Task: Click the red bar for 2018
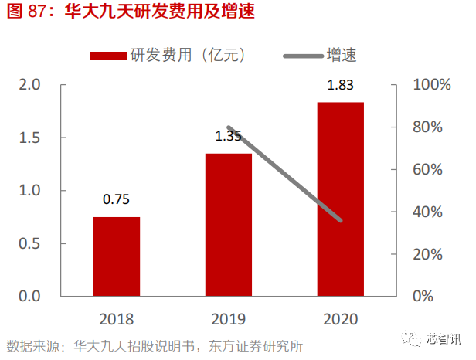(x=117, y=256)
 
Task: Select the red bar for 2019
(x=229, y=225)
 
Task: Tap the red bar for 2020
(x=341, y=199)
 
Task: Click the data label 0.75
(x=117, y=200)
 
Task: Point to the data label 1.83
(x=341, y=85)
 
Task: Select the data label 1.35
(x=229, y=137)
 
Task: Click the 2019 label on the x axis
(x=229, y=318)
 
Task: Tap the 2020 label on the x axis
(x=341, y=318)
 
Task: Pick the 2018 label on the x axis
(x=117, y=318)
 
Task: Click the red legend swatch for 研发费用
(x=107, y=55)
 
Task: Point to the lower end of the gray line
(x=340, y=220)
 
